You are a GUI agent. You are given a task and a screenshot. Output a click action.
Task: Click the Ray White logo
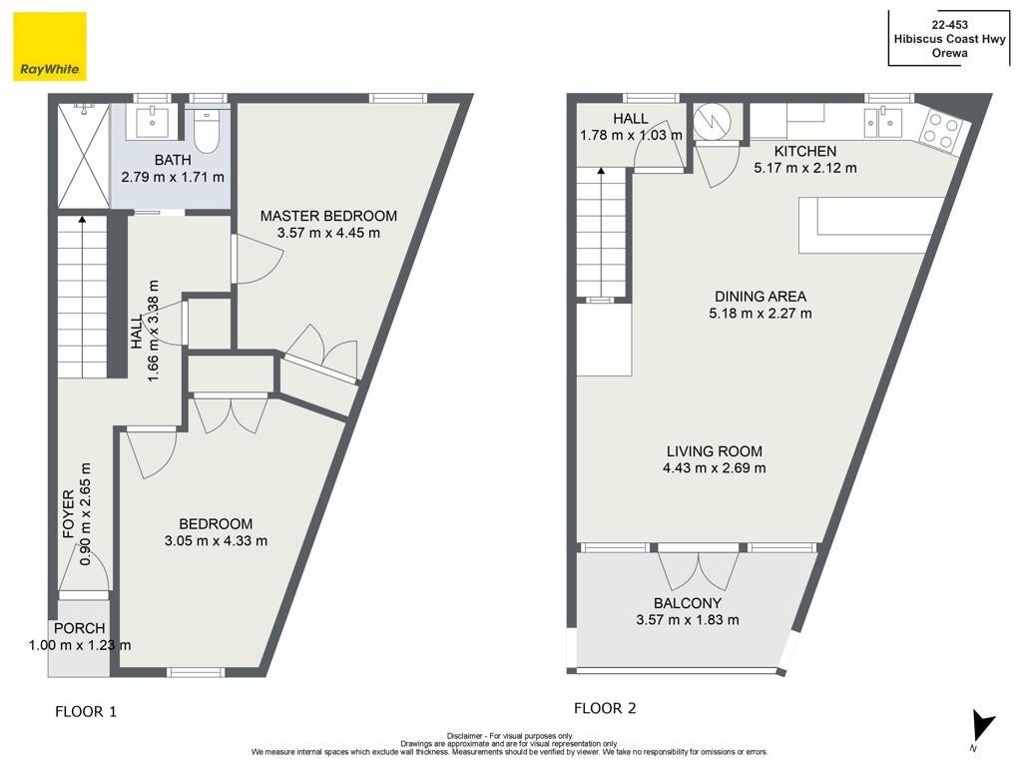(x=50, y=47)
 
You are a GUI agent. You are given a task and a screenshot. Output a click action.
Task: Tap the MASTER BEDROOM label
(x=328, y=216)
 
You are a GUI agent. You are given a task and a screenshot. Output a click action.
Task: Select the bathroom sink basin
(x=153, y=122)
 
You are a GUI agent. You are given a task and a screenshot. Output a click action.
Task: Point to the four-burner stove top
(x=940, y=130)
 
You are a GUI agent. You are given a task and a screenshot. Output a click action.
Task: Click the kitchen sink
(x=883, y=122)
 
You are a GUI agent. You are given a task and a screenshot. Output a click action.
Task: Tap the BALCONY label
(x=688, y=603)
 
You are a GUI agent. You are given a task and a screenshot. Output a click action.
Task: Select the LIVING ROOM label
(x=715, y=451)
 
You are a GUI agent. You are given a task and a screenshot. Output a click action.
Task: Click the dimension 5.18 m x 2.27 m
(x=761, y=314)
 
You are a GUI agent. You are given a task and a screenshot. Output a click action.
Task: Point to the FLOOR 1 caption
(x=86, y=711)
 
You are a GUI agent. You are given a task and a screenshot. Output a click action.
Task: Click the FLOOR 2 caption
(x=605, y=708)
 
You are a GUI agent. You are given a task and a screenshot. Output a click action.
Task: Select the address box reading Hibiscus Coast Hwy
(x=949, y=39)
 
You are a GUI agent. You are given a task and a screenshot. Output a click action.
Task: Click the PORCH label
(x=80, y=629)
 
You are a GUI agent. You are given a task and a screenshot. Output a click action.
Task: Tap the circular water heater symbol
(x=709, y=121)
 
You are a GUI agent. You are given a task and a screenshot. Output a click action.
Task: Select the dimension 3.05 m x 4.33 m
(x=216, y=540)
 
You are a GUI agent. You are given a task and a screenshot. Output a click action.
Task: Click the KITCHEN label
(x=805, y=152)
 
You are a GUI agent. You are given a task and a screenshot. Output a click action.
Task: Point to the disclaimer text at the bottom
(x=510, y=743)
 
